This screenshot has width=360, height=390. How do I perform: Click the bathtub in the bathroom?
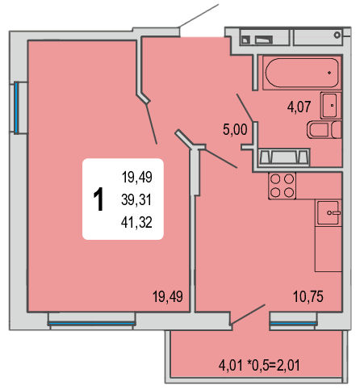pyautogui.click(x=302, y=73)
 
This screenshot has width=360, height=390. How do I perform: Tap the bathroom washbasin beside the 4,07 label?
pyautogui.click(x=331, y=105)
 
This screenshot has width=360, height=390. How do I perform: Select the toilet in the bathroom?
pyautogui.click(x=324, y=129)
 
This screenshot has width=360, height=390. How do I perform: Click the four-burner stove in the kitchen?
pyautogui.click(x=282, y=186)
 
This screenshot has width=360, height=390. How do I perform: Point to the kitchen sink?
pyautogui.click(x=329, y=212)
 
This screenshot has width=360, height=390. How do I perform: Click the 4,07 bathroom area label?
pyautogui.click(x=299, y=107)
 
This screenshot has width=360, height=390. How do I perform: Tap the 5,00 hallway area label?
pyautogui.click(x=235, y=129)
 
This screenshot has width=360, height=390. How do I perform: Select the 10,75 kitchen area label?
pyautogui.click(x=308, y=296)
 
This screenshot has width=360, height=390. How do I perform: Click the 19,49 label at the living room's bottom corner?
pyautogui.click(x=168, y=296)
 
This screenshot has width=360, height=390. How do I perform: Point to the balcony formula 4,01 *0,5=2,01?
pyautogui.click(x=259, y=366)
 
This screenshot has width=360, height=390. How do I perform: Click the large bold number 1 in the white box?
pyautogui.click(x=98, y=199)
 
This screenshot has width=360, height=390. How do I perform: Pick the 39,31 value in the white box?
pyautogui.click(x=136, y=199)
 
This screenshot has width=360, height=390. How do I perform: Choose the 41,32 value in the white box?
pyautogui.click(x=136, y=222)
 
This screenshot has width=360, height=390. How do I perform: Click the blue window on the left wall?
pyautogui.click(x=16, y=107)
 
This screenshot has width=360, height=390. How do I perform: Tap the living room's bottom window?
pyautogui.click(x=91, y=323)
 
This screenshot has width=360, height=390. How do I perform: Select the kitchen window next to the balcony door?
pyautogui.click(x=293, y=323)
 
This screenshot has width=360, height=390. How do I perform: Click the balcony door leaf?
pyautogui.click(x=248, y=314)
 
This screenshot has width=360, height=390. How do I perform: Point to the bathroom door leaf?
pyautogui.click(x=245, y=107)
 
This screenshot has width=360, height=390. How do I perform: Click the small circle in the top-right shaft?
pyautogui.click(x=337, y=35)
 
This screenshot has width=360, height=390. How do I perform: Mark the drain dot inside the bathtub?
pyautogui.click(x=329, y=73)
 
